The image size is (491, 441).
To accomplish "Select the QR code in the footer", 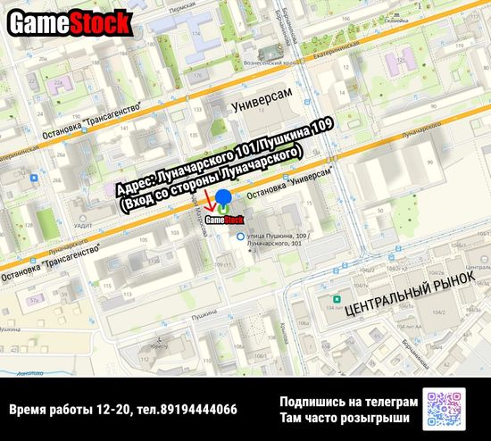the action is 447,409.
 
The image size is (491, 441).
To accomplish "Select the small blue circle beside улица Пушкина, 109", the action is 239,236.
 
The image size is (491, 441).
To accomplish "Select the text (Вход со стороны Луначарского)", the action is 210,179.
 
